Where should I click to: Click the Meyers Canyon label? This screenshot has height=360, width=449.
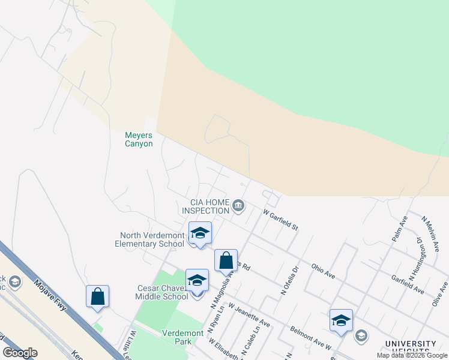click(139, 139)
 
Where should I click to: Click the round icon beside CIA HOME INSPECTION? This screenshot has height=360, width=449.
click(238, 206)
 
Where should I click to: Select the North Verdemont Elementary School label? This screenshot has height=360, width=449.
click(152, 239)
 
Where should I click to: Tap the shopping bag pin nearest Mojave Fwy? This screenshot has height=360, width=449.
click(97, 297)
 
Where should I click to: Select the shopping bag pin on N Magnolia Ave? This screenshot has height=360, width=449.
click(226, 261)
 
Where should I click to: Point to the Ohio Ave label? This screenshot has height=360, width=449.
click(323, 271)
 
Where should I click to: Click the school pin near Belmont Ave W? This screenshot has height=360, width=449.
click(341, 321)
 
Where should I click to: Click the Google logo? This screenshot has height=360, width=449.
click(20, 353)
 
